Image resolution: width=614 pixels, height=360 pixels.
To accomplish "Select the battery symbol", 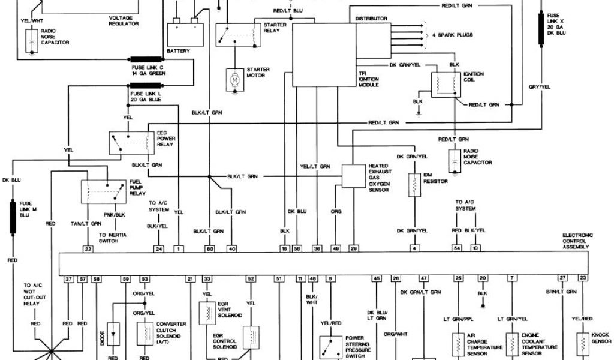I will pos(185,31).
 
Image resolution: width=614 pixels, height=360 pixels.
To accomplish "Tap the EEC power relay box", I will pos(130,142).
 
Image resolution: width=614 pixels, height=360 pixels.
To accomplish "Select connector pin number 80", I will pos(210,248).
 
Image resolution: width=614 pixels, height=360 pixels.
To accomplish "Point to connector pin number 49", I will pos(336,248).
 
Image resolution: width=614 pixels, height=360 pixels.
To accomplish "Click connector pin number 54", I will pos(458,248).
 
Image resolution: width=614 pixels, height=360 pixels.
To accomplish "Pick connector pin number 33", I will pos(207,279).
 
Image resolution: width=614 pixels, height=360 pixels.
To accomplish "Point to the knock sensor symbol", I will pos(582,342).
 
